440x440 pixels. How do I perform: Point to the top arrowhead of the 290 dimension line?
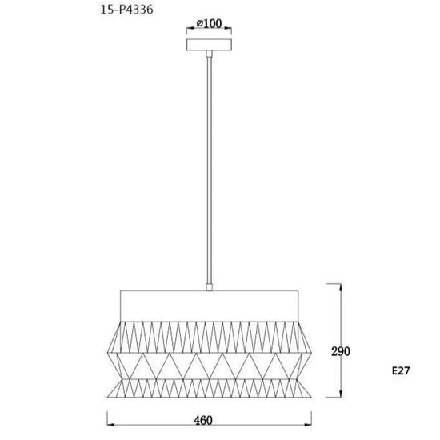coord(341,287)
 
